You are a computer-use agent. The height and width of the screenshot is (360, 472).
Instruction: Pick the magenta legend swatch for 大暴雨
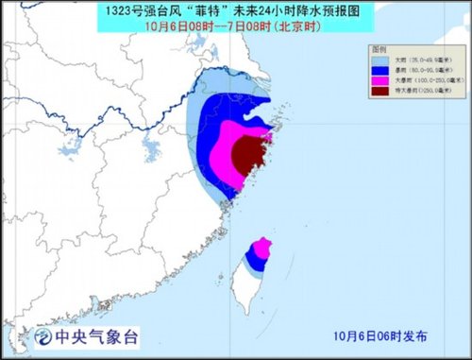pos(380,80)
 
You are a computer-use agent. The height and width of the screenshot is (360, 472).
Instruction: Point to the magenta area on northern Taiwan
pos(263,248)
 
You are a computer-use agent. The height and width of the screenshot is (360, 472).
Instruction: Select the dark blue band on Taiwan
pos(253,256)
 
